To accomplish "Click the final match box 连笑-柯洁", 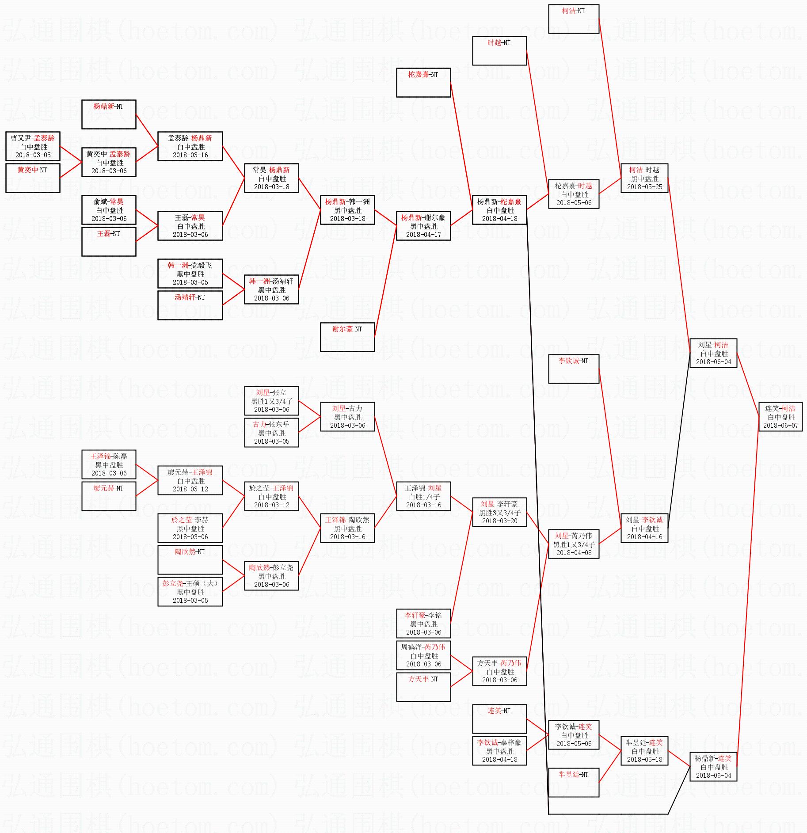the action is (780, 417).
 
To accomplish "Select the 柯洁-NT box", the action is (574, 19).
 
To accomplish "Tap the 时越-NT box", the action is (499, 51).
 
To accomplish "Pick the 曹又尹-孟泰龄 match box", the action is (33, 146).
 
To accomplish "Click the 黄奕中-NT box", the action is (33, 178).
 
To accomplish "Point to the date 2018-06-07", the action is (780, 426).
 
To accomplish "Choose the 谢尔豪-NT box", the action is (347, 337).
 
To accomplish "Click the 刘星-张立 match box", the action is (271, 401).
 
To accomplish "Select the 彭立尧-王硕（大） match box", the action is (190, 592).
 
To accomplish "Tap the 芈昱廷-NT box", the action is (574, 783).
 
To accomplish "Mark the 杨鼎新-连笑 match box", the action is (713, 767).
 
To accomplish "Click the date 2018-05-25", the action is (644, 187).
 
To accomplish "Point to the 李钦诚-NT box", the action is (574, 369).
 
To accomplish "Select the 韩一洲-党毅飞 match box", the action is (190, 274).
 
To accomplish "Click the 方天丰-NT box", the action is (423, 687).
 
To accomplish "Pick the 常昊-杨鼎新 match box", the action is (271, 178).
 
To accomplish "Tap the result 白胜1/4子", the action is (423, 497).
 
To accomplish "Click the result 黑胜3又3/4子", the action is (499, 513).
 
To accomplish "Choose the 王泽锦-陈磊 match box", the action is (109, 464).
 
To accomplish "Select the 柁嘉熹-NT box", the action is (423, 83).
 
